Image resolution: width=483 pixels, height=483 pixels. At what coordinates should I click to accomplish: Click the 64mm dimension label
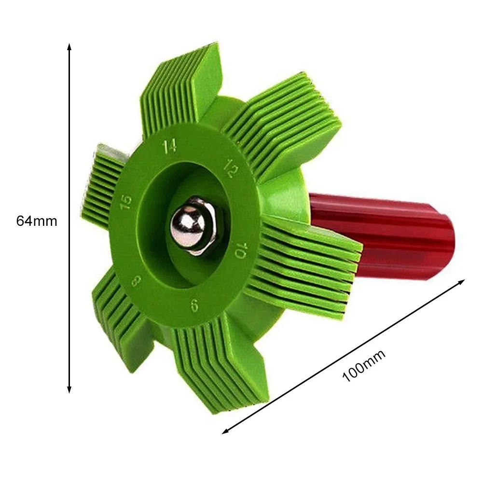(37, 221)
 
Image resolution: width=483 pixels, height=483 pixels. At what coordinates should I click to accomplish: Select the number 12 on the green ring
(230, 166)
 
